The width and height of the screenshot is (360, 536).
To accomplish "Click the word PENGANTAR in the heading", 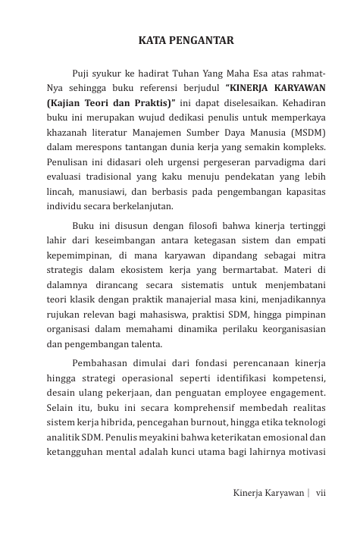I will pyautogui.click(x=199, y=42).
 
